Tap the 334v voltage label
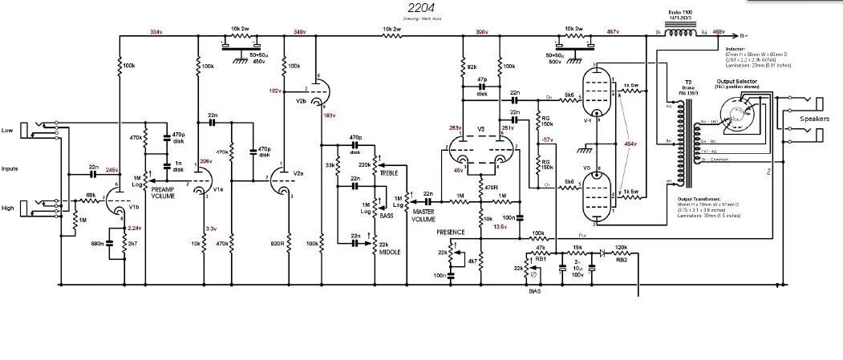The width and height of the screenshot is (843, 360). pyautogui.click(x=155, y=32)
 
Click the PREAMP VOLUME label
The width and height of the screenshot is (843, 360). pyautogui.click(x=163, y=192)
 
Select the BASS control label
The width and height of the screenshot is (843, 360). pyautogui.click(x=387, y=216)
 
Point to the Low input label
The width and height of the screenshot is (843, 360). pyautogui.click(x=7, y=129)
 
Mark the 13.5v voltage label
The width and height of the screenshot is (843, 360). pyautogui.click(x=499, y=227)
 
